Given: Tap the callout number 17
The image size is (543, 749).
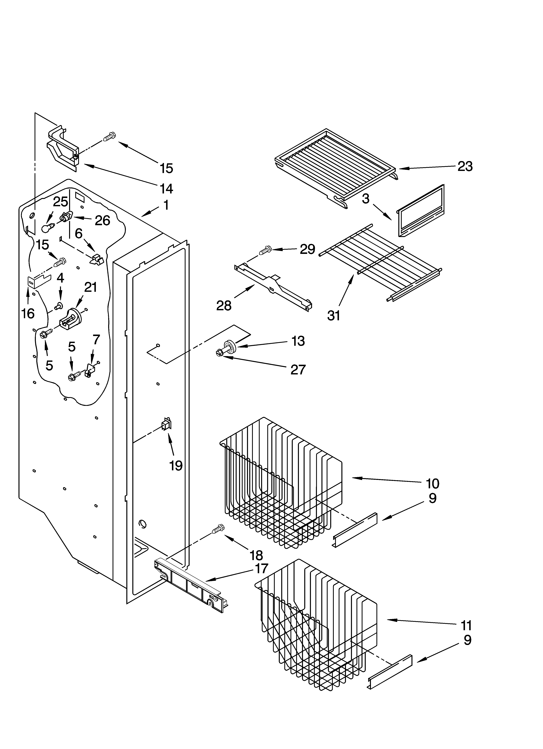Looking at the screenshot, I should tap(261, 569).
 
